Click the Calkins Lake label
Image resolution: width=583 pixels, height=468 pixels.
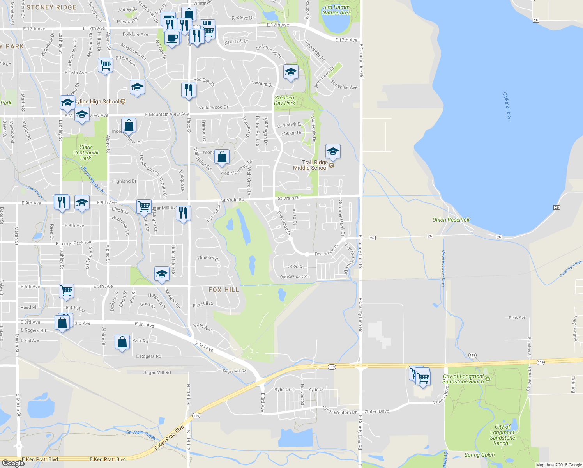click(506, 106)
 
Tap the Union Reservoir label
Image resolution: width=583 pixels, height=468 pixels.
click(451, 220)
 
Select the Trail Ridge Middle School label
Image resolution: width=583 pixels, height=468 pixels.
click(311, 165)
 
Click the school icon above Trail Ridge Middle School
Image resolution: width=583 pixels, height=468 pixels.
click(332, 151)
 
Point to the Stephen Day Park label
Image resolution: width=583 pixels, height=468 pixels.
click(284, 100)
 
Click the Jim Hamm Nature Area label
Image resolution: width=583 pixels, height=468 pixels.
click(336, 10)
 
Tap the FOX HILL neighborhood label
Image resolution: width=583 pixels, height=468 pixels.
click(224, 290)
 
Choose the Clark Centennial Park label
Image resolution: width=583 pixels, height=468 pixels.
click(86, 152)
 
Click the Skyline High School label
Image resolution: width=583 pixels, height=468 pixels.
click(97, 101)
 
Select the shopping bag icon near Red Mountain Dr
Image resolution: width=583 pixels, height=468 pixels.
click(222, 157)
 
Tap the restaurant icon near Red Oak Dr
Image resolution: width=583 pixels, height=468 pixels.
click(189, 90)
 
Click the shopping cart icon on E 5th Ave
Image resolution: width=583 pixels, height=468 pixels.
click(66, 290)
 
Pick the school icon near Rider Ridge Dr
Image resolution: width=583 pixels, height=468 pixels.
click(162, 274)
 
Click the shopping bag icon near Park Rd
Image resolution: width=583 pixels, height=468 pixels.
click(122, 342)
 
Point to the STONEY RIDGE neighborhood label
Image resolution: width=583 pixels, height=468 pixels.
click(51, 7)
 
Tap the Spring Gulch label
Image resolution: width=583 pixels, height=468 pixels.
click(479, 455)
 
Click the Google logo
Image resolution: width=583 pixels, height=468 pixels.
click(13, 463)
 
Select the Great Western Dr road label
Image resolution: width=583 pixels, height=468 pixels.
click(339, 410)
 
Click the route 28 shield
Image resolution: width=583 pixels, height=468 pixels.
click(536, 20)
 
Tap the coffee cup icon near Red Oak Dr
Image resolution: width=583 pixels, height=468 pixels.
click(171, 38)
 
